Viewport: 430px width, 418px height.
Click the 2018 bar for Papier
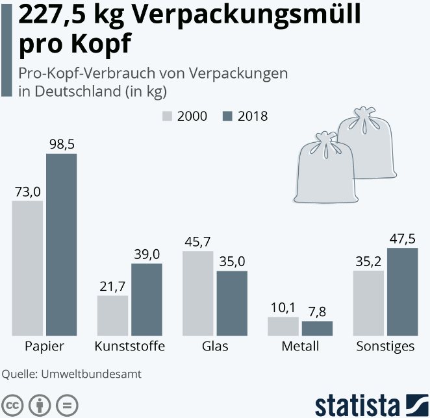coord(61,245)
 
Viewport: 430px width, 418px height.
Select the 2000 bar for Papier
coord(27,268)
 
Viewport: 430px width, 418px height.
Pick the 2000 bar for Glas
coord(197,293)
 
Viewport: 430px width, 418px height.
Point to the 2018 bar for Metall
coord(317,328)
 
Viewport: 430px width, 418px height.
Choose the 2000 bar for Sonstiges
coord(368,303)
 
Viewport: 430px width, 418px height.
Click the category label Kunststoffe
coord(129,347)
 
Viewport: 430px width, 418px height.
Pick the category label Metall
coord(300,347)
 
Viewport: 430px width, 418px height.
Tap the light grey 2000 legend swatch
coord(167,116)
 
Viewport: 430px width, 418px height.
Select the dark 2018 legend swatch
coord(227,116)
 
